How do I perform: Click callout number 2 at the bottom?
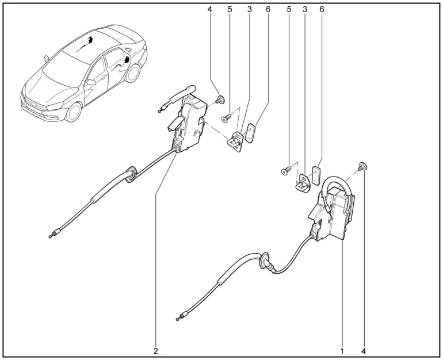click(156, 351)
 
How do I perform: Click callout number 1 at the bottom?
click(342, 351)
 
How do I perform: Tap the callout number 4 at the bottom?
click(364, 351)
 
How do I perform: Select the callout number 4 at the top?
click(209, 9)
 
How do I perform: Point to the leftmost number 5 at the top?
click(230, 9)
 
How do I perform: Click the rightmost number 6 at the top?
click(322, 9)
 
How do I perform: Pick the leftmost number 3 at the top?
click(249, 9)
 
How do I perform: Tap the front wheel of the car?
click(74, 112)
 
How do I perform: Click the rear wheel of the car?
click(133, 73)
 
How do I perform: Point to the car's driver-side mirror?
click(91, 82)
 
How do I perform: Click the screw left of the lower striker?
click(286, 170)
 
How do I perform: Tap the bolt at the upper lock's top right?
click(220, 99)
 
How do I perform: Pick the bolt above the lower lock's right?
click(362, 166)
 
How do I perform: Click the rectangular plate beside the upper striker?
click(250, 133)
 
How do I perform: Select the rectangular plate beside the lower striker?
click(316, 175)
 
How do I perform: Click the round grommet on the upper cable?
click(131, 174)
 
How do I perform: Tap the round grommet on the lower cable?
click(265, 260)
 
